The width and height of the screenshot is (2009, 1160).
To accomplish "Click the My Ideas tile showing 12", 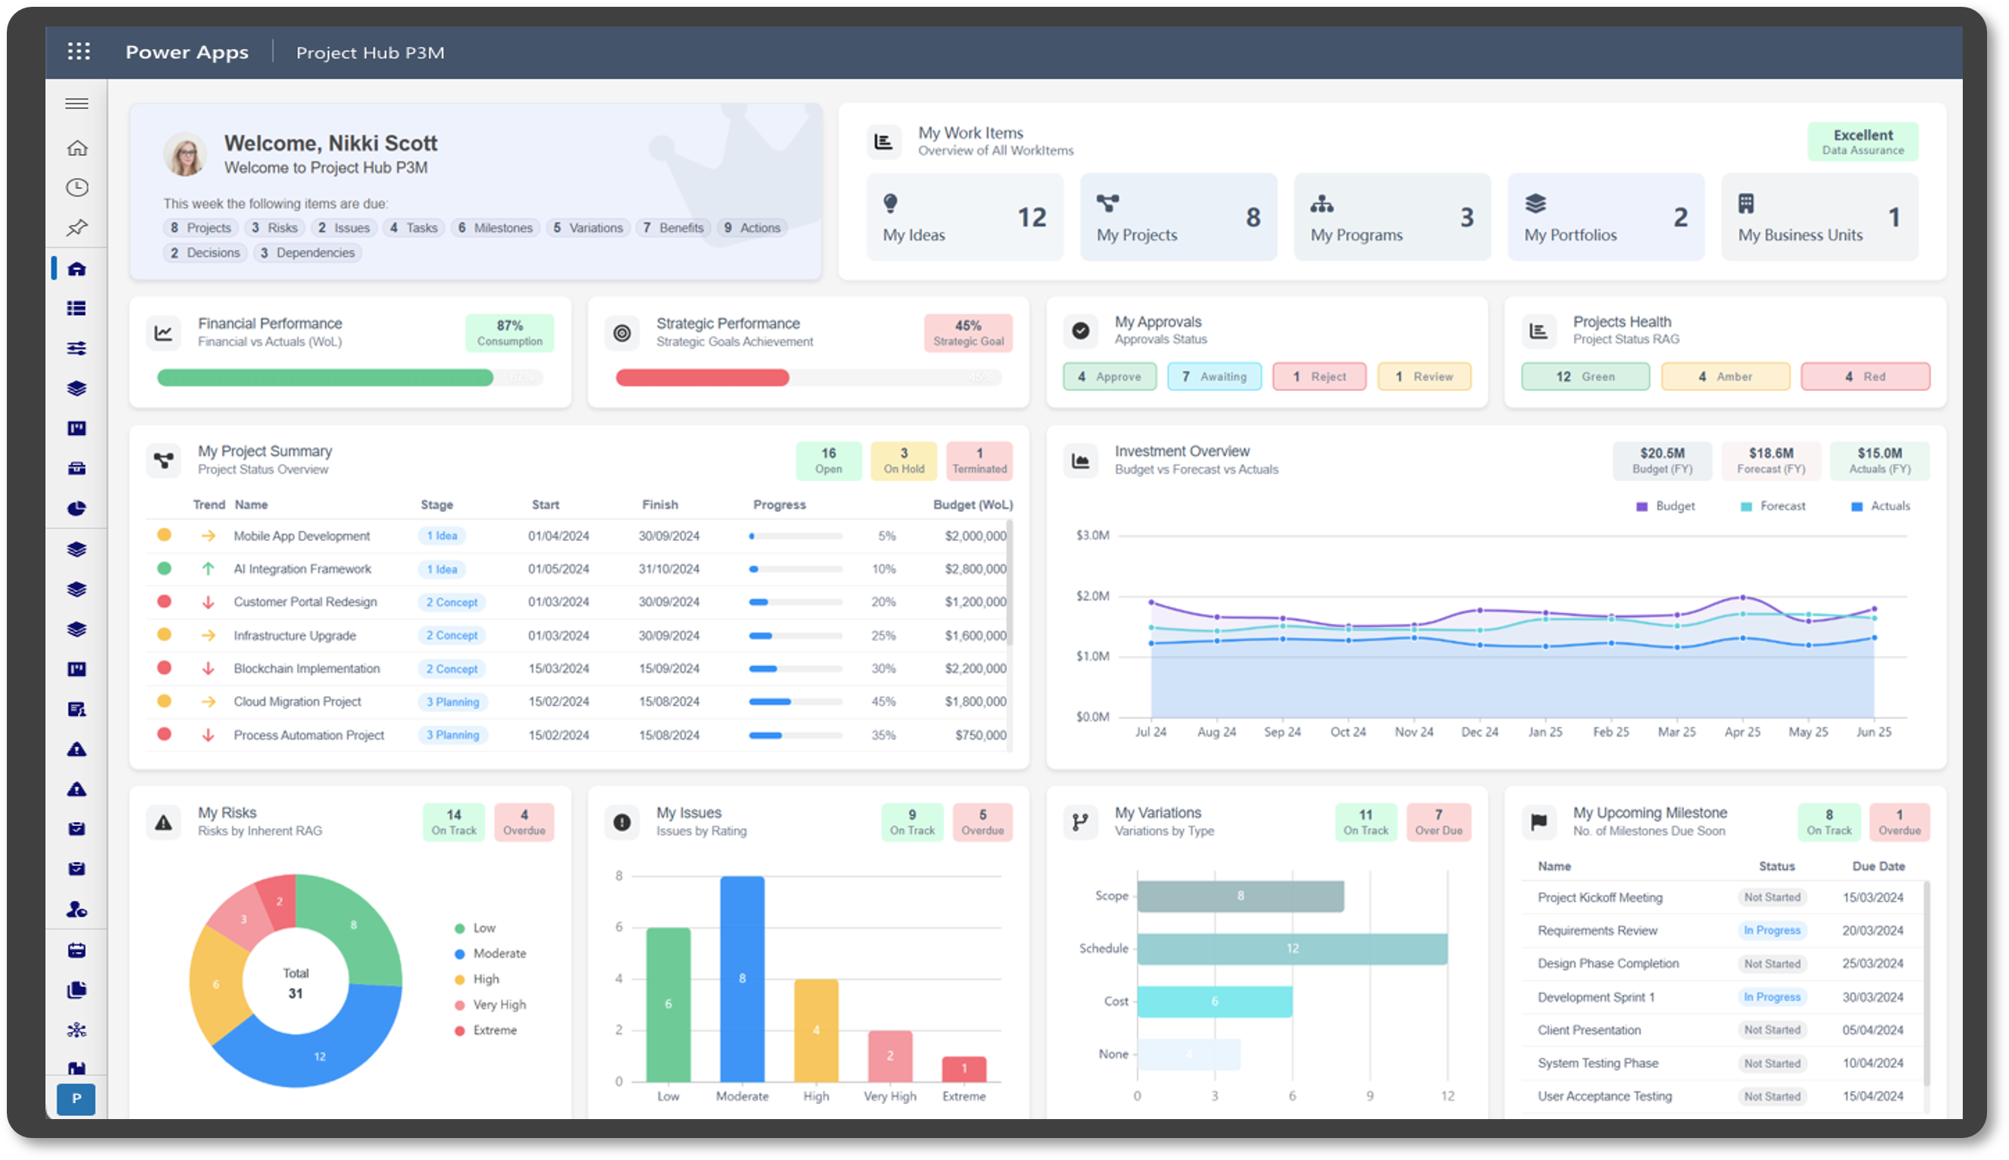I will (x=964, y=217).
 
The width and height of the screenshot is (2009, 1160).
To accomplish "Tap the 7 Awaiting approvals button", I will (x=1214, y=377).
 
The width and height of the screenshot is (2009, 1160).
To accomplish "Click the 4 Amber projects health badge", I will (x=1725, y=377).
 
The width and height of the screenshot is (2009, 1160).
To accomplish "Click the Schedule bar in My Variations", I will (x=1291, y=948).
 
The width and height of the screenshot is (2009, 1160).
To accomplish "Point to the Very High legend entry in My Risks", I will (x=499, y=1005).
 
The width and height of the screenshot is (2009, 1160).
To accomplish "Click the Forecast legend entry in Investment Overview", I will (x=1781, y=507).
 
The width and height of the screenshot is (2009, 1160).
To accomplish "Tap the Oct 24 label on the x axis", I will (x=1347, y=732).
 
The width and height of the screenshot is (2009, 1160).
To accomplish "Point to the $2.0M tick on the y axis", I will (x=1092, y=596).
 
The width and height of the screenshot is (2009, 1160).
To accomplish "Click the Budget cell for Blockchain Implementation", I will (x=975, y=668).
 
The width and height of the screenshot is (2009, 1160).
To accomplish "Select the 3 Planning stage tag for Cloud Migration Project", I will (x=452, y=702).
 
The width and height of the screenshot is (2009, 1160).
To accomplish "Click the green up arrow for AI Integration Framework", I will (x=208, y=569).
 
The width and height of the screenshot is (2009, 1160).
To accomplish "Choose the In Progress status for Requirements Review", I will (x=1771, y=930).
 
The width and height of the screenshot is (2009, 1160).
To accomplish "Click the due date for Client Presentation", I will (x=1872, y=1030).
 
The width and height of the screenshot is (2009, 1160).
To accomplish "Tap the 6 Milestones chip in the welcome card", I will (x=495, y=228).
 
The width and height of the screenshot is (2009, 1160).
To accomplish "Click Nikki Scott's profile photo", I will (x=186, y=154).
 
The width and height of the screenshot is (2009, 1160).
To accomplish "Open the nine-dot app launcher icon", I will (x=78, y=52).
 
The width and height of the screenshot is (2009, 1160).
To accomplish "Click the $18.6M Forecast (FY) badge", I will (x=1770, y=461).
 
